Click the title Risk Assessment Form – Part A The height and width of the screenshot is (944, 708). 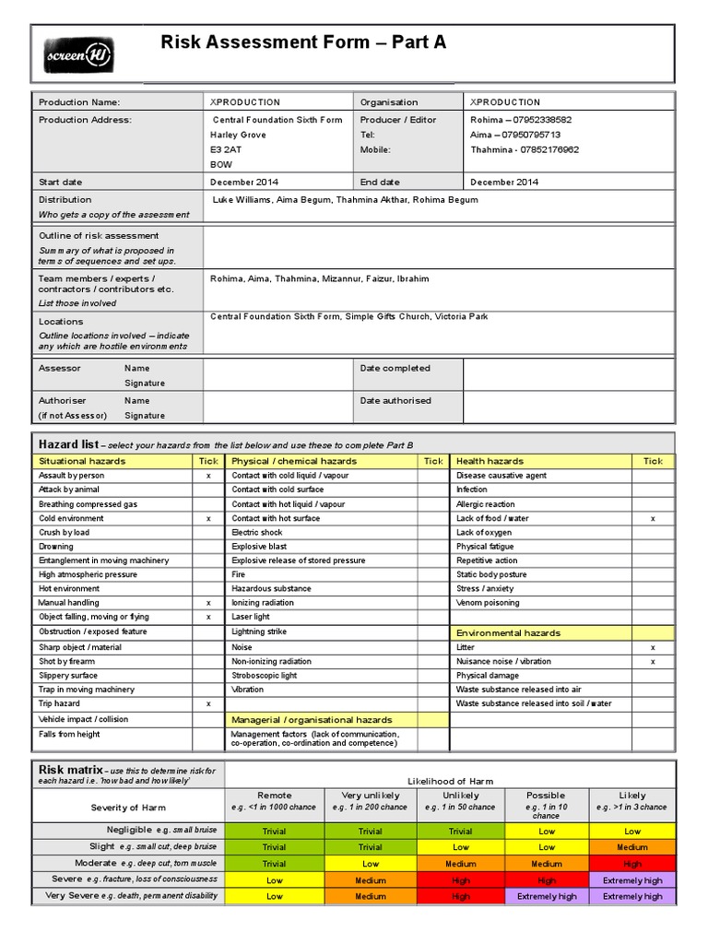pos(303,41)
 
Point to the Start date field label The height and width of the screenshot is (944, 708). pos(60,183)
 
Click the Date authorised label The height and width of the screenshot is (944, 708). pos(395,401)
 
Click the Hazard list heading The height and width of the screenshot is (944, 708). pos(68,444)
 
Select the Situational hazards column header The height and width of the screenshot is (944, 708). pos(82,461)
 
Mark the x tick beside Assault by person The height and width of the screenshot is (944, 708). pos(208,476)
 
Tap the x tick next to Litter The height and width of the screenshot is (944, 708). pos(653,648)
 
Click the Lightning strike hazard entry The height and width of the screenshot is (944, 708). pos(260,632)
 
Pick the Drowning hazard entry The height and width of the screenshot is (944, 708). pos(56,547)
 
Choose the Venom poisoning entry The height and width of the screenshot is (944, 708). pos(488,603)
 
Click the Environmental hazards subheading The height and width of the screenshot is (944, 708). pos(508,633)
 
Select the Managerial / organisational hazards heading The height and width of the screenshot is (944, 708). pos(312,720)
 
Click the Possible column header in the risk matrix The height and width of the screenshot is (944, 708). pos(546,795)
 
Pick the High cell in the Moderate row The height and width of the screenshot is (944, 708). pos(632,864)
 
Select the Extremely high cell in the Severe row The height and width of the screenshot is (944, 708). pos(632,880)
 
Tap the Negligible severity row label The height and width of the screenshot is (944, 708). pos(129,831)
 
